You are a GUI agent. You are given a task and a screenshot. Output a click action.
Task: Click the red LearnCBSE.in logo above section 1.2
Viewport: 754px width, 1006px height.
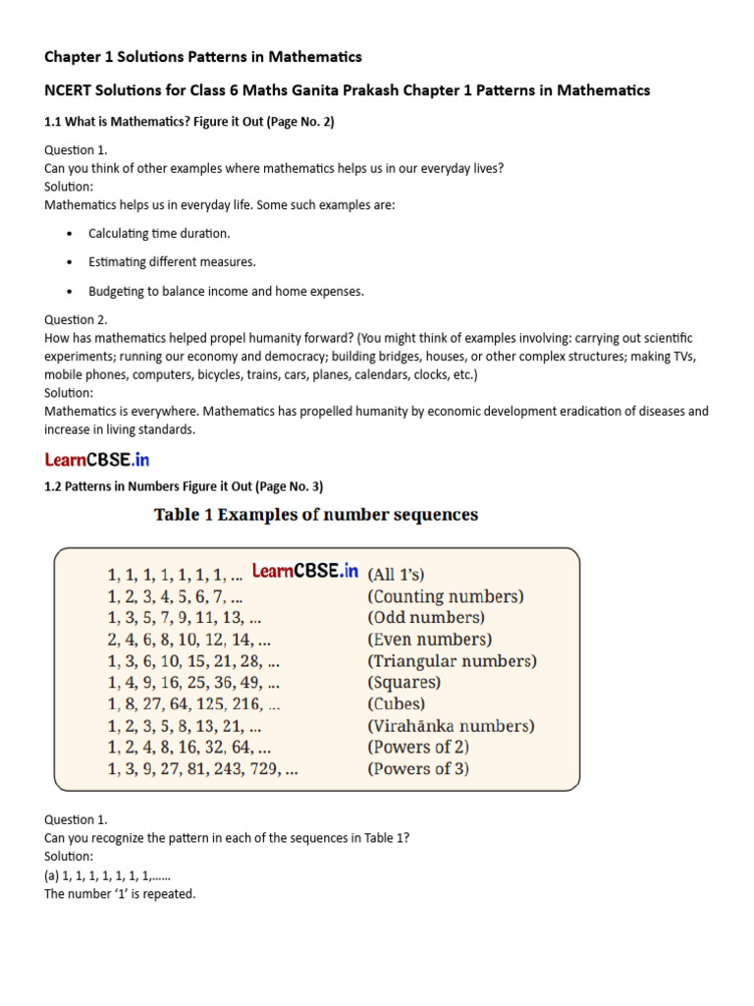coord(96,459)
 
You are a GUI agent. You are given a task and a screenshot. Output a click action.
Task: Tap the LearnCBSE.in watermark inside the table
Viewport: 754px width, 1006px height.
coord(305,571)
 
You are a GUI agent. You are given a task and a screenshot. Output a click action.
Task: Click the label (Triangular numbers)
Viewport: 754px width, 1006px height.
coord(452,661)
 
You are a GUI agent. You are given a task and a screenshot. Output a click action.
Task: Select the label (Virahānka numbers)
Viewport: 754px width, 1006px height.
coord(451,726)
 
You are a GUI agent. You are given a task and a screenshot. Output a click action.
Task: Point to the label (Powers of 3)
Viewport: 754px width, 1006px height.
coord(418,768)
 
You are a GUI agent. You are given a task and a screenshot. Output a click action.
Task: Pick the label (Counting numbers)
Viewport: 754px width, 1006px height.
coord(445,596)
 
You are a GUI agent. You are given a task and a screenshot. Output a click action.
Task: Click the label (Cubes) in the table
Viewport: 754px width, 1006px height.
coord(397,704)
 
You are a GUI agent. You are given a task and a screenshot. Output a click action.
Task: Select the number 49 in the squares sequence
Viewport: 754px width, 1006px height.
coord(250,683)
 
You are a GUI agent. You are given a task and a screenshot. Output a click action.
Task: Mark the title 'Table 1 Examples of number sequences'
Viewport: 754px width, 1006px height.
coord(316,515)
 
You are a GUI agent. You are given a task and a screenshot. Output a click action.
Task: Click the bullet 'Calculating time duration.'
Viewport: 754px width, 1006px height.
coord(159,234)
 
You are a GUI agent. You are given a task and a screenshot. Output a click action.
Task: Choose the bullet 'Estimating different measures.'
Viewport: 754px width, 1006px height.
coord(172,262)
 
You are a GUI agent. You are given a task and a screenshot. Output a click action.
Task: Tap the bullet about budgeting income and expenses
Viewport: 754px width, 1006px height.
coord(226,291)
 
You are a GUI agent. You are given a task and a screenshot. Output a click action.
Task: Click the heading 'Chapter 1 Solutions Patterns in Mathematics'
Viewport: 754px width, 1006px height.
coord(203,56)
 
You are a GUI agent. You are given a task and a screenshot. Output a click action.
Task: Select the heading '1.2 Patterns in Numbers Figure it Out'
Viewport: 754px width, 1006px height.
coord(184,486)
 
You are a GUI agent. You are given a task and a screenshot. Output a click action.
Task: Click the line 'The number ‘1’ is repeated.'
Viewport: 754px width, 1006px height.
coord(120,894)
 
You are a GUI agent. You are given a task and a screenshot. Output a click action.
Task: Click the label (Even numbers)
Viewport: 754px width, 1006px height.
coord(428,640)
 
